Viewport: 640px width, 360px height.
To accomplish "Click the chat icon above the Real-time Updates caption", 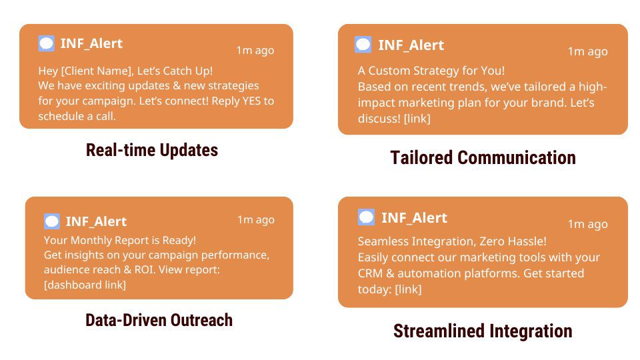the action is point(46,43).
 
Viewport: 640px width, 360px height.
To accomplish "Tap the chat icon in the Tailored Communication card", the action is point(363,45).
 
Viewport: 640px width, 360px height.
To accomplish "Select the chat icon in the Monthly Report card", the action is point(52,221).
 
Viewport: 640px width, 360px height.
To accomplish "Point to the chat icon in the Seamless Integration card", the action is point(366,217).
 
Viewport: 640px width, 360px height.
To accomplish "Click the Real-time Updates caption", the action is point(152,150).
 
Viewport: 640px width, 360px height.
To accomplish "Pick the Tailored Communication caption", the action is point(483,158).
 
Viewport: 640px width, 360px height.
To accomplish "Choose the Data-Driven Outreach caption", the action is point(159,320).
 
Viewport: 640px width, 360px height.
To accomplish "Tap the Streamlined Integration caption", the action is point(483,331).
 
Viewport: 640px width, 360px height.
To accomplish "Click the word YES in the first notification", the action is point(251,101).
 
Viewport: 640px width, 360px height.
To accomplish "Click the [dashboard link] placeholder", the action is point(85,285).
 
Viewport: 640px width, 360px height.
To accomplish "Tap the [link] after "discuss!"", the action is point(417,119).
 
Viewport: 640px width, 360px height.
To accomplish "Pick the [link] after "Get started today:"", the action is point(408,289).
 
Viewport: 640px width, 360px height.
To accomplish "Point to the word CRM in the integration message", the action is point(370,273).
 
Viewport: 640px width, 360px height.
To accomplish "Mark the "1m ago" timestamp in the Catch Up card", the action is point(255,50).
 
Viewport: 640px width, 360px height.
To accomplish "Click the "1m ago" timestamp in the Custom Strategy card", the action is point(588,51).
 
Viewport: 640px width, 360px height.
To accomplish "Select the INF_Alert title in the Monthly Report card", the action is point(96,221).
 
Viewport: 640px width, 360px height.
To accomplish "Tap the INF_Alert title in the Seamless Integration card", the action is point(414,218).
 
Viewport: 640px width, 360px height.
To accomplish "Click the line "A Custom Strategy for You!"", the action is point(431,71).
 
